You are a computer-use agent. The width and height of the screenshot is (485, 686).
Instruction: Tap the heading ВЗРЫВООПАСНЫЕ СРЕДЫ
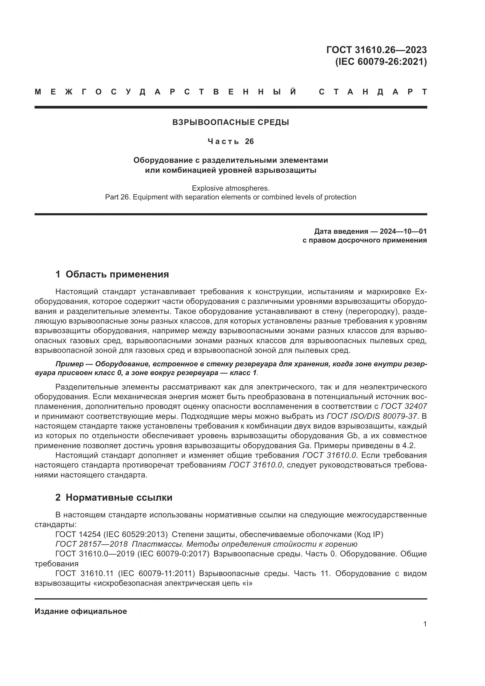[230, 122]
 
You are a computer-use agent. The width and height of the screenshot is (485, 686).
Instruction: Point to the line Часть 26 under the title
[230, 141]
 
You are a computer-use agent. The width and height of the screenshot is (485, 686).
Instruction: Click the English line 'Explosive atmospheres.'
[230, 188]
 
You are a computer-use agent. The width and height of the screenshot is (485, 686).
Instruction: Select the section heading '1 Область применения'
[112, 274]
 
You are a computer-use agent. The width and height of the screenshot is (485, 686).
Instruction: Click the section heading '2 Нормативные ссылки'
[114, 497]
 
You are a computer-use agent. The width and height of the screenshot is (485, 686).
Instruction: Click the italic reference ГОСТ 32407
[404, 406]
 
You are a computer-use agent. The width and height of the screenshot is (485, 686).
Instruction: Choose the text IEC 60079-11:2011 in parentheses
[157, 573]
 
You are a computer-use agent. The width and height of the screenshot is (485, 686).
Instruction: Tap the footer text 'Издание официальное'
[81, 611]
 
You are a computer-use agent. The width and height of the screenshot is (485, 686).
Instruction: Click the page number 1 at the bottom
[425, 624]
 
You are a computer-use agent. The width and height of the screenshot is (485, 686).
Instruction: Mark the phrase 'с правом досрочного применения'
[364, 240]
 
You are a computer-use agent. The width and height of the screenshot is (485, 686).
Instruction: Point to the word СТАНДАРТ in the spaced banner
[373, 92]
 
